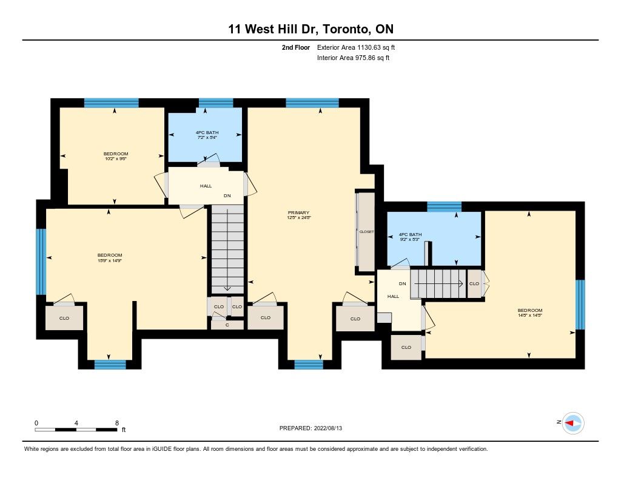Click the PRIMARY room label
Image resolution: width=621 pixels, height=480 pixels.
[298, 213]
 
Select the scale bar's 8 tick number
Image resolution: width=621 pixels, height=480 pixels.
[117, 423]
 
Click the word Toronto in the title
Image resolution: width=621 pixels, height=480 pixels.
[346, 29]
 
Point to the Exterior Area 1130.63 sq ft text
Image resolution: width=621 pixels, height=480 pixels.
[355, 47]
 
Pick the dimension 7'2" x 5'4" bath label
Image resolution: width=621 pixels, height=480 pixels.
[207, 138]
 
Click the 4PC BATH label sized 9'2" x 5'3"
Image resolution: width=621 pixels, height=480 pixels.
[410, 235]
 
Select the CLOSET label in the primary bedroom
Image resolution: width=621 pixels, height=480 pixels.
[366, 232]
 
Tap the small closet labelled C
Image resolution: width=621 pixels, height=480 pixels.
[227, 325]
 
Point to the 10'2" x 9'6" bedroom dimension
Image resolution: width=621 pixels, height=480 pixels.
[116, 158]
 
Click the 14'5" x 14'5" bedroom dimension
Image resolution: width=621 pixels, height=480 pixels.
[529, 316]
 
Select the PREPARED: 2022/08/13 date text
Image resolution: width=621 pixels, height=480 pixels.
[310, 428]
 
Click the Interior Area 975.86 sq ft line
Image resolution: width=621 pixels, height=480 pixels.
[353, 58]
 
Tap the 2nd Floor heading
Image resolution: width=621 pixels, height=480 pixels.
[296, 47]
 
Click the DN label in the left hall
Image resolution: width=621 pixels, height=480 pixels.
[227, 196]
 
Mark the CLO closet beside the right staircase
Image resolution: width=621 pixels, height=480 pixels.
[474, 284]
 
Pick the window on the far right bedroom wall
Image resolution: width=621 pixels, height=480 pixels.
[580, 305]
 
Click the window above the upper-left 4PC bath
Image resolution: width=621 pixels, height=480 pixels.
[216, 103]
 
